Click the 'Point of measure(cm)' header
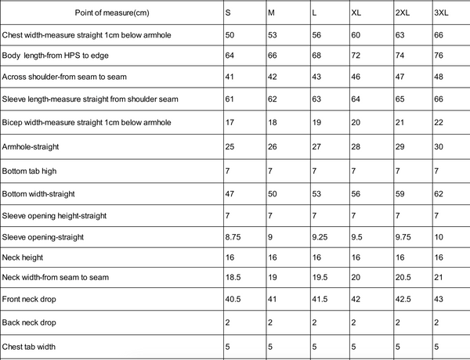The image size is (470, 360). (x=110, y=13)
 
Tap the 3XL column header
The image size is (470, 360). (x=441, y=13)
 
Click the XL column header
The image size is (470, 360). (x=357, y=13)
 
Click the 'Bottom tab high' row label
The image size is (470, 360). (x=31, y=170)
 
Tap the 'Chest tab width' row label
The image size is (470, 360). (x=31, y=345)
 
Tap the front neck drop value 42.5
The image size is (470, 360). (x=402, y=300)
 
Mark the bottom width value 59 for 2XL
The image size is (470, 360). (x=399, y=193)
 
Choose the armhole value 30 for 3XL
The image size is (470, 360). (x=439, y=146)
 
